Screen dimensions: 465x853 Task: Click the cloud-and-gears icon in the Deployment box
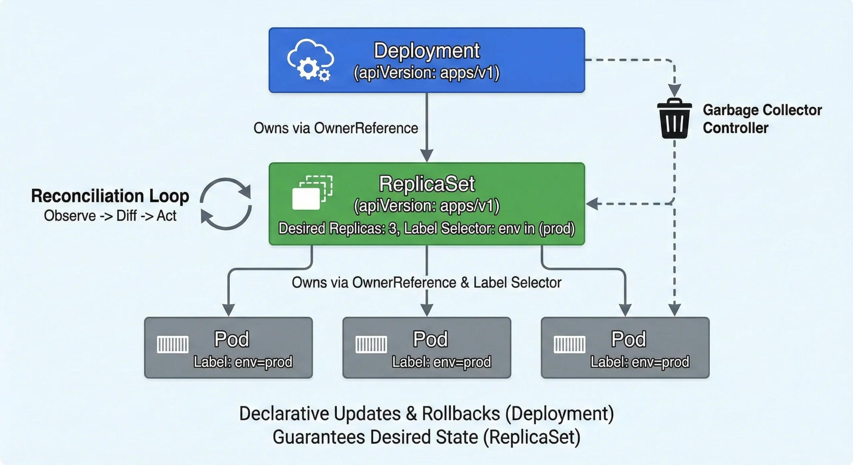click(x=310, y=60)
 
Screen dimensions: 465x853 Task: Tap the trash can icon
click(x=674, y=119)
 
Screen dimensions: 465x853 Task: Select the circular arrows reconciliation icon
click(x=226, y=204)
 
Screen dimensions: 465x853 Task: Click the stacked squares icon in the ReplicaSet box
click(x=312, y=193)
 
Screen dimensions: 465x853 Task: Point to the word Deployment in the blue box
click(x=426, y=51)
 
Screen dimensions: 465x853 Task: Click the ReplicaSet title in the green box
click(x=427, y=184)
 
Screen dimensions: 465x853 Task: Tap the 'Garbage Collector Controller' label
click(x=762, y=119)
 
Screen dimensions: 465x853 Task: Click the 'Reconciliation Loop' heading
click(x=110, y=196)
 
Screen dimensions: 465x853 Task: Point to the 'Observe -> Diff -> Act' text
click(x=110, y=216)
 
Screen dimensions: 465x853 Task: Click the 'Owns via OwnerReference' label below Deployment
click(x=336, y=128)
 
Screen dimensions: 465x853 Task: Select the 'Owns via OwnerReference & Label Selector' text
click(x=426, y=282)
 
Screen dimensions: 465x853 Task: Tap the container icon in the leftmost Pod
click(x=173, y=344)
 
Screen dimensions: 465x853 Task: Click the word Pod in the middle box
click(x=430, y=339)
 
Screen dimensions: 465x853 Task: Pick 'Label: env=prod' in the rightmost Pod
click(x=640, y=362)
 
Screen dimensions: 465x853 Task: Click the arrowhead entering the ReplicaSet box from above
click(x=427, y=156)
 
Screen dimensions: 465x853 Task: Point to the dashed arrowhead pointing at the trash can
click(x=674, y=90)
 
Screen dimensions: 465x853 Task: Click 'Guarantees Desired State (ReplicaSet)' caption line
click(x=426, y=437)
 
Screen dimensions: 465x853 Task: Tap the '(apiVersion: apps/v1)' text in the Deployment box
click(x=426, y=73)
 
